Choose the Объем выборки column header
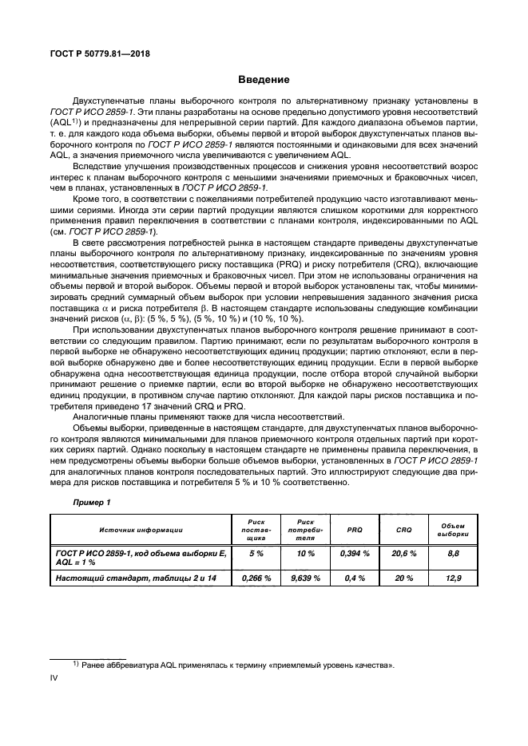pyautogui.click(x=453, y=529)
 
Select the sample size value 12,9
pyautogui.click(x=453, y=578)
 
